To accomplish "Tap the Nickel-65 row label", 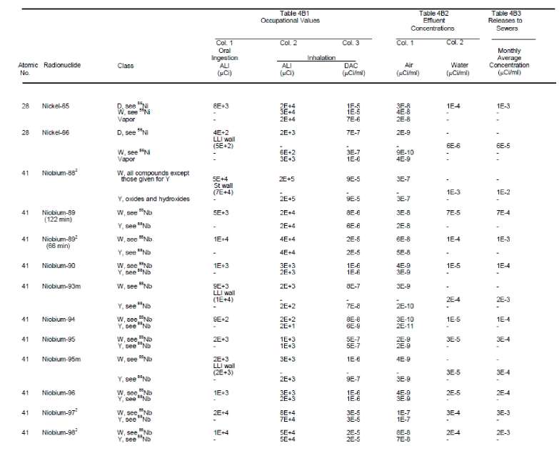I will coord(59,106).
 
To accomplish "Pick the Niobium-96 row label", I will coord(61,392).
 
